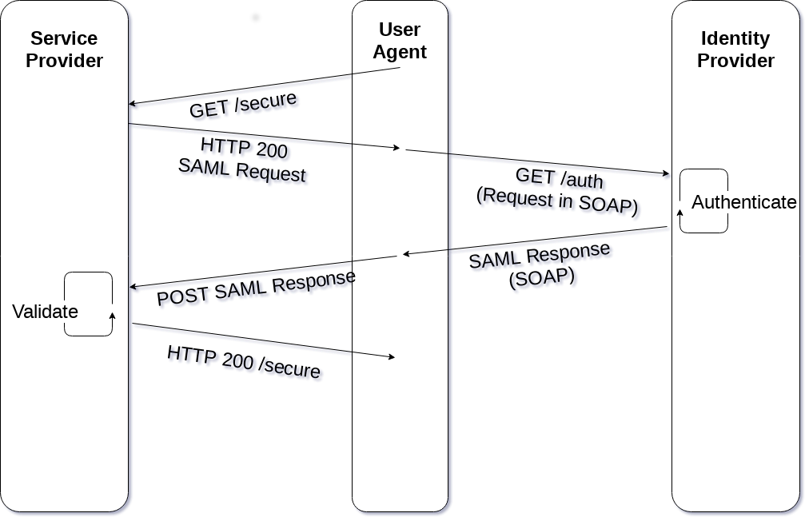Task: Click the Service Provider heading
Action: click(x=64, y=50)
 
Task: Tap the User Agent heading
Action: click(x=400, y=41)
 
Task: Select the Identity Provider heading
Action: click(x=735, y=50)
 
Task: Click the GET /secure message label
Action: click(x=243, y=105)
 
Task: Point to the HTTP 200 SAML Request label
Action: click(x=241, y=159)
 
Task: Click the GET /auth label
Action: click(x=559, y=177)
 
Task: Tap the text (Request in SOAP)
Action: click(x=557, y=201)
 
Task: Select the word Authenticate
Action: click(x=744, y=202)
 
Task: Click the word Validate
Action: click(x=46, y=312)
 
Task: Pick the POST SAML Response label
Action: click(x=256, y=288)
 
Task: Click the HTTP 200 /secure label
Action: click(x=244, y=362)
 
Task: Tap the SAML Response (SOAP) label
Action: click(x=540, y=264)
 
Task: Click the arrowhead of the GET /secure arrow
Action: click(x=132, y=104)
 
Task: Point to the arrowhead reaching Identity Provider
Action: click(x=666, y=173)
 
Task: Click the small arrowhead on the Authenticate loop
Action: click(x=681, y=213)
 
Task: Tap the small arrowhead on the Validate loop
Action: click(x=113, y=316)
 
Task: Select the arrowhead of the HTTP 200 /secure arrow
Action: click(x=392, y=356)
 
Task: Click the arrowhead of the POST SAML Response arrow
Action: click(x=133, y=287)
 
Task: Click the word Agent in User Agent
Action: click(x=400, y=53)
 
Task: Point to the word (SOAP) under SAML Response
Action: click(x=542, y=278)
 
